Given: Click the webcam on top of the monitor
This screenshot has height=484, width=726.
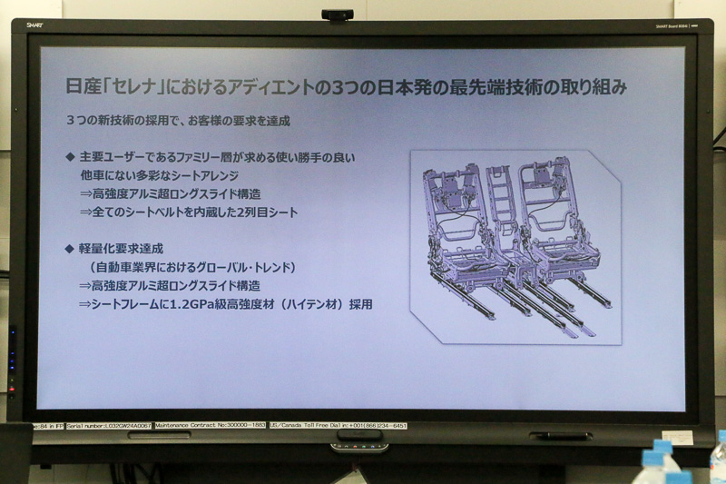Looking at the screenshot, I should [x=337, y=15].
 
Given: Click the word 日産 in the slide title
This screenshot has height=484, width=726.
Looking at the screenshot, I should [x=83, y=88].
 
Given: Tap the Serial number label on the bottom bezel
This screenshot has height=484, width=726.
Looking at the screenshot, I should [x=107, y=425].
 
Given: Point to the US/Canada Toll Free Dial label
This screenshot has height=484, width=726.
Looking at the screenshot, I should [x=332, y=425].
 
